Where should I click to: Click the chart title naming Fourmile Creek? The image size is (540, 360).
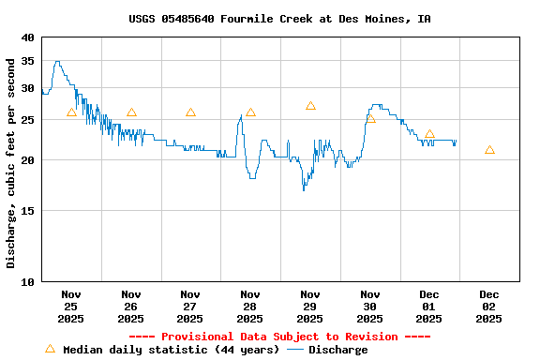(x=279, y=19)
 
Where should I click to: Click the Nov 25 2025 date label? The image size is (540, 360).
(x=71, y=307)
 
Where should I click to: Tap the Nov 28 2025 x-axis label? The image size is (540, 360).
(x=250, y=307)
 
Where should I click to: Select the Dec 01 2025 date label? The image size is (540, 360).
(x=429, y=307)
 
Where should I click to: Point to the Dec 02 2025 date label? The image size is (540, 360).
(x=489, y=307)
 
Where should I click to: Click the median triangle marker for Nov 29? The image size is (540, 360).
(x=310, y=106)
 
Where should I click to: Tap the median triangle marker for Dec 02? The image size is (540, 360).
(x=489, y=150)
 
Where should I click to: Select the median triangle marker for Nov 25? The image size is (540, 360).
(x=71, y=112)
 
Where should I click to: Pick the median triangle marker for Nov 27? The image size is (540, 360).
(x=190, y=112)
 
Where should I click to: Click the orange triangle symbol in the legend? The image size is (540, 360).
(x=50, y=349)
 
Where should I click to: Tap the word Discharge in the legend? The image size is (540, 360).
(x=338, y=350)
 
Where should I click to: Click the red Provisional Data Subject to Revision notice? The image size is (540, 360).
(x=279, y=337)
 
